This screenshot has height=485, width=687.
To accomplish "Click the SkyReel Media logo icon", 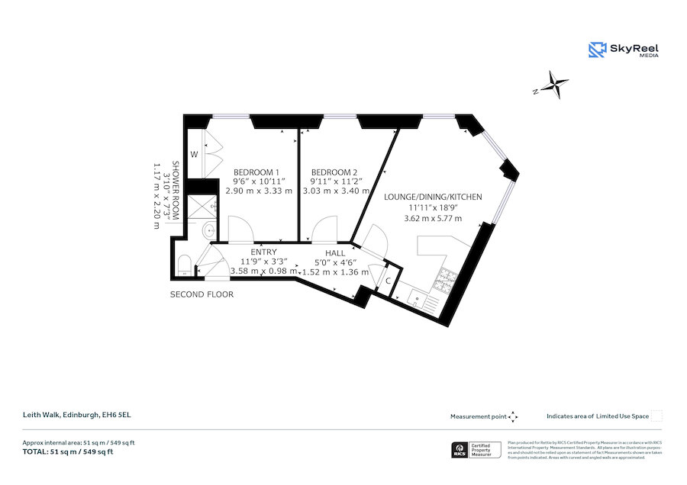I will tap(597, 50).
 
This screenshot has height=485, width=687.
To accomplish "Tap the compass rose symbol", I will tap(558, 84).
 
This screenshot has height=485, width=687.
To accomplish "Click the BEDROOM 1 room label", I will tap(256, 172).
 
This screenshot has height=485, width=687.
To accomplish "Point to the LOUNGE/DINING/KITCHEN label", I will tap(433, 197).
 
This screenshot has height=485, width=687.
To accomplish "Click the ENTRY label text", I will tap(263, 252).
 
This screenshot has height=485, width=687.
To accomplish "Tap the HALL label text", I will tap(335, 253).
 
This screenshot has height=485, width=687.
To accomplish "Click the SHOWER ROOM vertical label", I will tap(175, 190).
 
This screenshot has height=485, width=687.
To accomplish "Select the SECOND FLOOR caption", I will tap(202, 294).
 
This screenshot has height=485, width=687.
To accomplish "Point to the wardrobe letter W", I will tap(194, 154).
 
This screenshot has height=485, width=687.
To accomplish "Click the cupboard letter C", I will tap(389, 281).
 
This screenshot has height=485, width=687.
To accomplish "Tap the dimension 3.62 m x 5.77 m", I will tap(433, 219).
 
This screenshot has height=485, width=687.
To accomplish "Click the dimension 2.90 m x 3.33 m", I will tap(259, 191).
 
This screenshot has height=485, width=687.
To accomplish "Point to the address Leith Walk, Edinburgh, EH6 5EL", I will tap(71, 415).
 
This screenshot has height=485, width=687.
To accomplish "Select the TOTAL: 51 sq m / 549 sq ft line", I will tap(68, 452).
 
